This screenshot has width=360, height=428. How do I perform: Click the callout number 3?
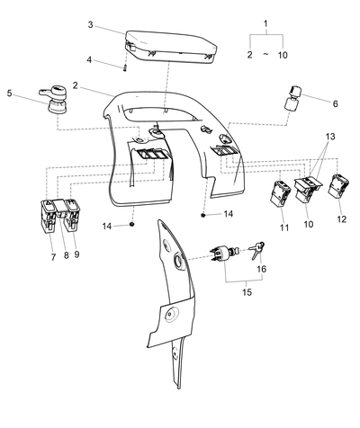(x=91, y=24)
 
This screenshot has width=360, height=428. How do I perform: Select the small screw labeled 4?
(x=125, y=68)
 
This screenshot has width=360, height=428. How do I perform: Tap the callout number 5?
(x=10, y=94)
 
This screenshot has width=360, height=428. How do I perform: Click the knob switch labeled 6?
(x=292, y=98)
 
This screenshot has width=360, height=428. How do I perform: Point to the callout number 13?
(x=330, y=137)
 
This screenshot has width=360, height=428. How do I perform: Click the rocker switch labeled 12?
(x=338, y=186)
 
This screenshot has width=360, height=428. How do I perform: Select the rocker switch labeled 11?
(x=281, y=194)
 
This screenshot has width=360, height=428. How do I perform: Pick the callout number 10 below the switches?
(x=309, y=224)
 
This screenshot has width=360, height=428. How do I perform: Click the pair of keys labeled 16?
(x=256, y=250)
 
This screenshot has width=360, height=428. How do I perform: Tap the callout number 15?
(x=247, y=292)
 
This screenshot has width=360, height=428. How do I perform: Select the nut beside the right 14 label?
(x=203, y=215)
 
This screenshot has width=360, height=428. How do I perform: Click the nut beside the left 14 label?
(x=131, y=224)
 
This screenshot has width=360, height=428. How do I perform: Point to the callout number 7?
(x=53, y=257)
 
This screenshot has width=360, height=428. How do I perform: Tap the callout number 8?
(x=66, y=255)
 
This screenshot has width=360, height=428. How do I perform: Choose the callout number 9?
(x=76, y=254)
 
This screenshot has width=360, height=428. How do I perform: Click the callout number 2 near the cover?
(x=75, y=85)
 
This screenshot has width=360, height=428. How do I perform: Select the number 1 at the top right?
(x=265, y=23)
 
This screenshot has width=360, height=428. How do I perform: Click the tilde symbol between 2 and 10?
(x=265, y=54)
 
